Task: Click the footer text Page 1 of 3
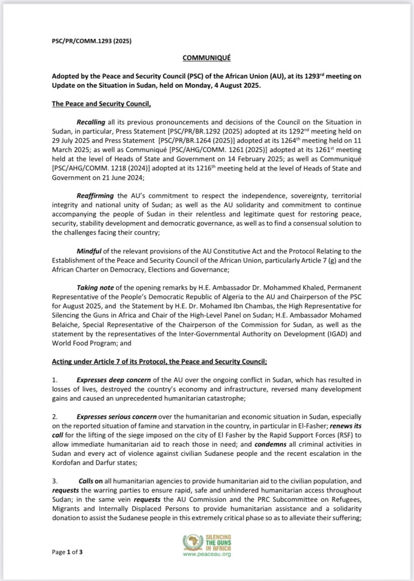[67, 552]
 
